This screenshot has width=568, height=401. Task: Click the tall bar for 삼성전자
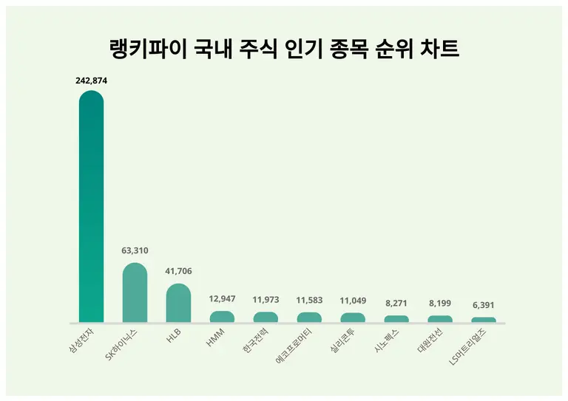(92, 207)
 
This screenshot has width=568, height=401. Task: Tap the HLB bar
(179, 304)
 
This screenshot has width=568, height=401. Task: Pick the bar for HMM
(222, 317)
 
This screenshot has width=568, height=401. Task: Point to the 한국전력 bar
(266, 318)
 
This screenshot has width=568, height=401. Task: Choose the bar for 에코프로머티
(309, 318)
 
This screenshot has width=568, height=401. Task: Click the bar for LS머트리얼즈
(484, 320)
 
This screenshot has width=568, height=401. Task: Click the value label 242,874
(92, 80)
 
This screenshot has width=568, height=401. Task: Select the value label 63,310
(135, 250)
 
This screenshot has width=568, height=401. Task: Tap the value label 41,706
(179, 271)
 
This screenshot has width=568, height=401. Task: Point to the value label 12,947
(222, 299)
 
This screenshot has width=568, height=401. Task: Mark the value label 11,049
(353, 301)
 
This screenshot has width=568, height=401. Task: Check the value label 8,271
(396, 303)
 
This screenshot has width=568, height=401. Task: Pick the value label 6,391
(484, 304)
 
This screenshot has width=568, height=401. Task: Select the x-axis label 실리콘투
(345, 341)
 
